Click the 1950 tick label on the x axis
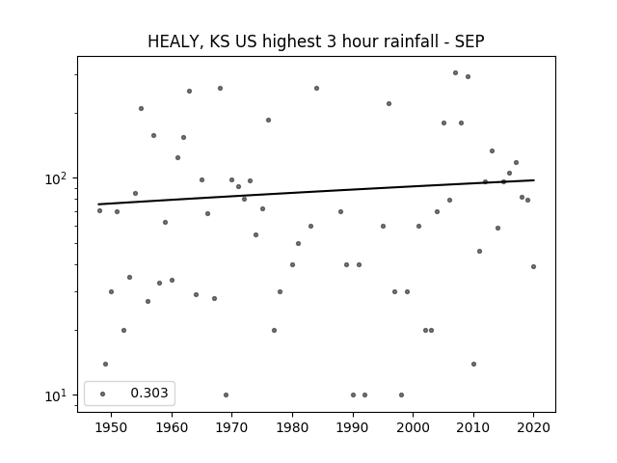coord(112,427)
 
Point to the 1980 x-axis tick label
coord(292,427)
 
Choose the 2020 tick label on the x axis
coord(533,427)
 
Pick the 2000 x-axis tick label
coord(413,427)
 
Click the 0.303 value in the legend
coord(149,393)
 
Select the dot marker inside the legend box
coord(103,394)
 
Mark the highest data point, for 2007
coord(455,73)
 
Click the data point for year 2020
coord(533,266)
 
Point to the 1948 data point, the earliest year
coord(99,210)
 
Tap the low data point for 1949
coord(105,365)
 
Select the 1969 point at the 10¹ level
coord(226,395)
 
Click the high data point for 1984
coord(316,88)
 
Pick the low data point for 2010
coord(473,365)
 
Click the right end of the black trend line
coord(534,180)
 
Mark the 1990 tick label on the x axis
coord(353,427)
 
